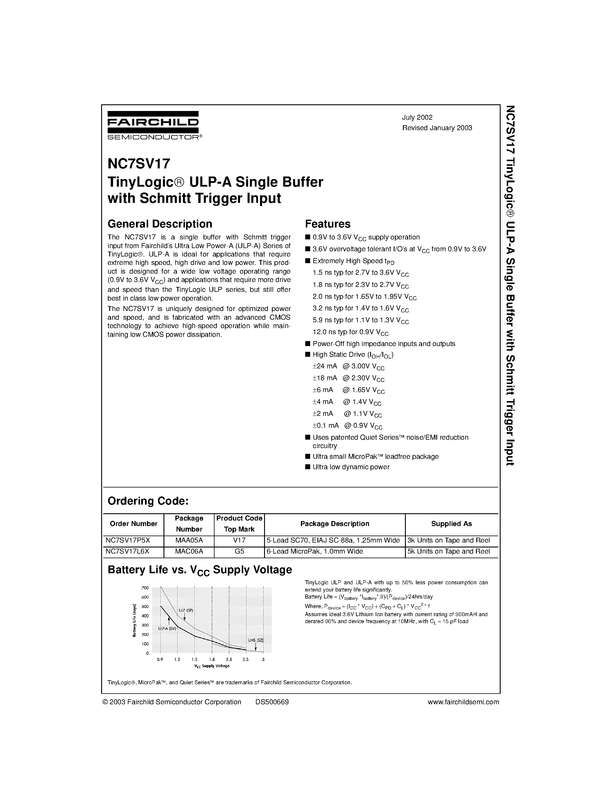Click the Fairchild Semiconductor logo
[154, 125]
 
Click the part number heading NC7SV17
[139, 164]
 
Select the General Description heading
[160, 224]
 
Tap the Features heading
[327, 224]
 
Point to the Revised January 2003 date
[437, 128]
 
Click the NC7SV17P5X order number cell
[127, 541]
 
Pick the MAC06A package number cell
[189, 552]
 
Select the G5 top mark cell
[239, 552]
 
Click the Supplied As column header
[451, 524]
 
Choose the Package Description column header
[334, 524]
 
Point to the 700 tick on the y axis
[145, 588]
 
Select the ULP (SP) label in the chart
[186, 611]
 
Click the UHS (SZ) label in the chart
[255, 640]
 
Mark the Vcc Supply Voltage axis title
[212, 666]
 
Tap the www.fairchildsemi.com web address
[463, 702]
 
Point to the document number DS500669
[272, 702]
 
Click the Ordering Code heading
[148, 501]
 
